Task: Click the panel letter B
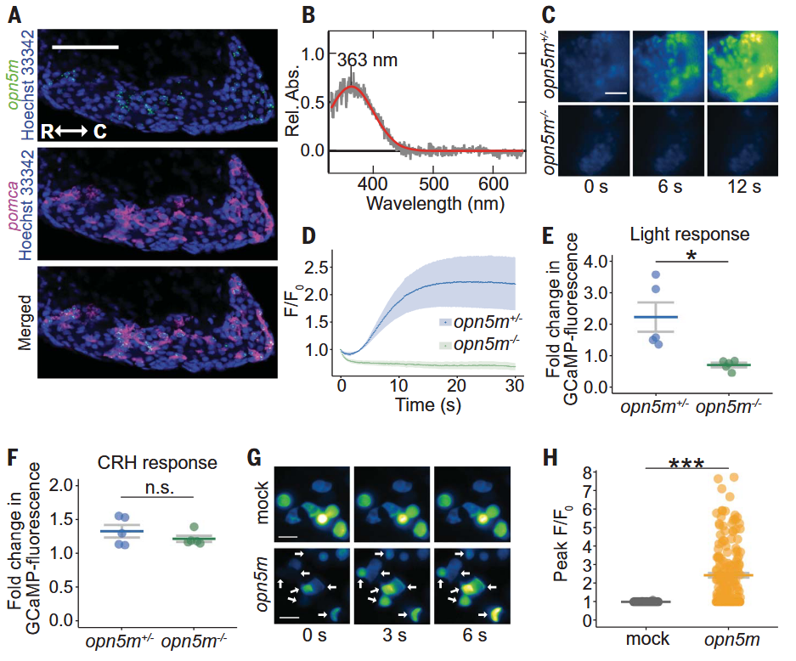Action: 308,14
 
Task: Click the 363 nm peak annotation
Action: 367,60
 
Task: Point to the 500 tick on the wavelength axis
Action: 433,184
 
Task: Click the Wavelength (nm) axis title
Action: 435,204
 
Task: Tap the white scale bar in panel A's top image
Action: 85,48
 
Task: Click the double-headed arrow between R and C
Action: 71,132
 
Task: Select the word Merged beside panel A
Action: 25,323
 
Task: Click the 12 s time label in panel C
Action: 744,187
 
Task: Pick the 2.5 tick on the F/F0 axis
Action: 316,267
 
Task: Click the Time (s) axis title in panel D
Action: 428,405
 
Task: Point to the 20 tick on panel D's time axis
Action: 456,386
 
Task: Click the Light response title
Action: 690,234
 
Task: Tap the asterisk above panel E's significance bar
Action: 691,255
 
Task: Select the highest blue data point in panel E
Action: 655,274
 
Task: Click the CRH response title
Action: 157,462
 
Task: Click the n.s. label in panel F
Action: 160,488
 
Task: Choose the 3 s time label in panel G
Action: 394,636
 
